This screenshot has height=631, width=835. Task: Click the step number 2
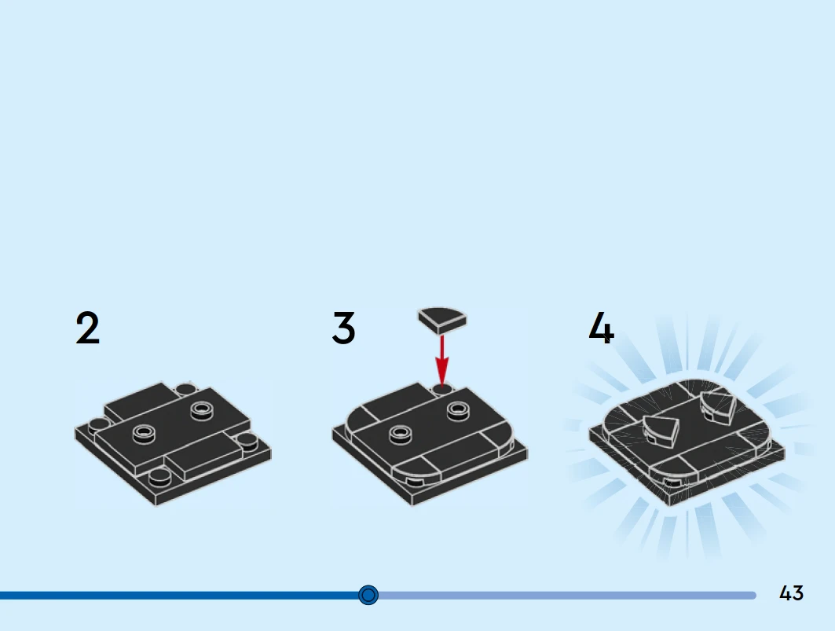[x=87, y=328]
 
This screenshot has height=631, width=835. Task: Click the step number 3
[x=343, y=328]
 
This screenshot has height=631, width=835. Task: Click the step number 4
[x=601, y=328]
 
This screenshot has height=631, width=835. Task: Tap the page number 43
[x=791, y=593]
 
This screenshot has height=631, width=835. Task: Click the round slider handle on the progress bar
[x=368, y=595]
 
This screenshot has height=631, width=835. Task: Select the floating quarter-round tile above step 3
[x=442, y=321]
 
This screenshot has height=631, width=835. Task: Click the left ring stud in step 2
[x=144, y=434]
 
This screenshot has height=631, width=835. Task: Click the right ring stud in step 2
[x=202, y=411]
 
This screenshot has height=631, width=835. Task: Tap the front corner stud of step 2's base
[x=160, y=478]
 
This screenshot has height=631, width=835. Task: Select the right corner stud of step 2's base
[x=247, y=440]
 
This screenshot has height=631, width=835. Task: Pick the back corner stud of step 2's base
[x=186, y=389]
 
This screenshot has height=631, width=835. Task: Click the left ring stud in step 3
[x=401, y=435]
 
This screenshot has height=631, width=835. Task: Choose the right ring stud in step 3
[x=459, y=411]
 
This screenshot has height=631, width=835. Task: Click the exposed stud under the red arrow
[x=442, y=389]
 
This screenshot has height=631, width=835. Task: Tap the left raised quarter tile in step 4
[x=661, y=431]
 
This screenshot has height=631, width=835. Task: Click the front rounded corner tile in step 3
[x=417, y=465]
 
